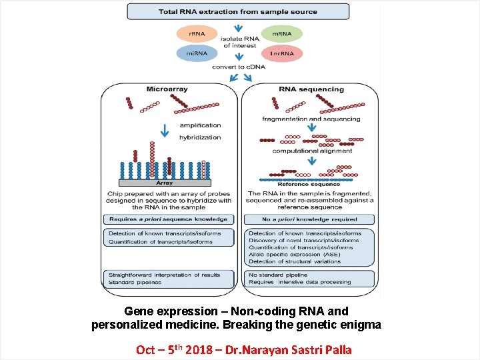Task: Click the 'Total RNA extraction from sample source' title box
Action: pyautogui.click(x=237, y=11)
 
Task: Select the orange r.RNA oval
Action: pyautogui.click(x=197, y=33)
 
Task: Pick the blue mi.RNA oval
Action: pyautogui.click(x=197, y=53)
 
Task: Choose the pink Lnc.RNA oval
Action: pyautogui.click(x=281, y=53)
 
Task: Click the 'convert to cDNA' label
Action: pyautogui.click(x=239, y=67)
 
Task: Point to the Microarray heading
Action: pyautogui.click(x=167, y=89)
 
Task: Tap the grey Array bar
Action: pyautogui.click(x=165, y=182)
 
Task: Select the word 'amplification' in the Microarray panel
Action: pyautogui.click(x=200, y=125)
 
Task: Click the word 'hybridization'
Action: pyautogui.click(x=200, y=137)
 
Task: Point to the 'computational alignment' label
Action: pyautogui.click(x=312, y=151)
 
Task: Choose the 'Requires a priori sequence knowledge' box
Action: pyautogui.click(x=169, y=219)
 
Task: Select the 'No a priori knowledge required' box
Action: pyautogui.click(x=309, y=219)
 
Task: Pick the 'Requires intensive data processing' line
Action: pyautogui.click(x=299, y=282)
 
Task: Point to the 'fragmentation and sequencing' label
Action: pyautogui.click(x=311, y=119)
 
